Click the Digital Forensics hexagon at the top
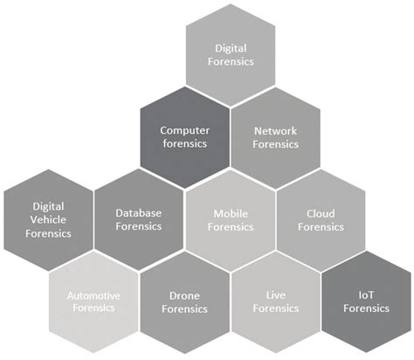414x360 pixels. tap(231, 54)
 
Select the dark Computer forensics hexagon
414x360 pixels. tap(184, 136)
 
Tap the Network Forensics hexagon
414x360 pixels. tap(276, 136)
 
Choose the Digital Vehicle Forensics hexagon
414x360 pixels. tap(48, 219)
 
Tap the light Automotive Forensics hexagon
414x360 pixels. tap(93, 301)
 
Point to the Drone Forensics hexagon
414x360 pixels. tap(184, 301)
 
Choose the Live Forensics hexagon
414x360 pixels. tap(276, 301)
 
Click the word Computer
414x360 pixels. tap(184, 130)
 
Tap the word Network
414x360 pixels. tap(276, 130)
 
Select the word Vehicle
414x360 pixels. tap(48, 219)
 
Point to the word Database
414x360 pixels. tap(139, 212)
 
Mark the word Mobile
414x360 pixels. tap(231, 212)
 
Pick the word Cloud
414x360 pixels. tap(321, 212)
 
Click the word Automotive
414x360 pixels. tap(93, 295)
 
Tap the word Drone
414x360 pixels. tap(184, 295)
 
